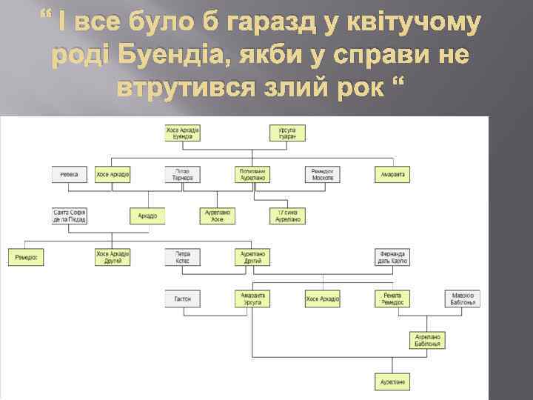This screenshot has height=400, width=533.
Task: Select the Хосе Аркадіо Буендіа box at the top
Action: pyautogui.click(x=182, y=133)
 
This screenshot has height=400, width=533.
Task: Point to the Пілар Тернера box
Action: pyautogui.click(x=182, y=175)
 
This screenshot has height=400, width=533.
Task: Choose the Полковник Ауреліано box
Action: pyautogui.click(x=252, y=175)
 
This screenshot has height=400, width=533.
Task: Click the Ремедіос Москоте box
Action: pyautogui.click(x=323, y=175)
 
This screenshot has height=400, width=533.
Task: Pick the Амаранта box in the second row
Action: pyautogui.click(x=393, y=175)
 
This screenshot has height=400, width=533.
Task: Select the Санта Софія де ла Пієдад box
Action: pyautogui.click(x=70, y=216)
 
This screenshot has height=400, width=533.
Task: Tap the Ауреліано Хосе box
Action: pyautogui.click(x=218, y=216)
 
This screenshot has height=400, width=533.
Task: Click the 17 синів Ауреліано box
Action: pyautogui.click(x=288, y=216)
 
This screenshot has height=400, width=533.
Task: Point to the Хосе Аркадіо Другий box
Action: pyautogui.click(x=113, y=257)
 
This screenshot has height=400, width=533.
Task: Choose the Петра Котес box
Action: pyautogui.click(x=182, y=257)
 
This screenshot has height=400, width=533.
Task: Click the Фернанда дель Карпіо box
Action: pyautogui.click(x=393, y=257)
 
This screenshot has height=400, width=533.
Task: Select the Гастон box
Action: pyautogui.click(x=182, y=299)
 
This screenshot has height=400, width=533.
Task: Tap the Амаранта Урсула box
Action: pyautogui.click(x=252, y=299)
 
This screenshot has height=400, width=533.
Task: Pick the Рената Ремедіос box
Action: pyautogui.click(x=393, y=299)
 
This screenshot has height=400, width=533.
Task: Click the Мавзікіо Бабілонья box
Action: pyautogui.click(x=463, y=299)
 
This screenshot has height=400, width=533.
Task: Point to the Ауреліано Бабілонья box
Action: pyautogui.click(x=428, y=340)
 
